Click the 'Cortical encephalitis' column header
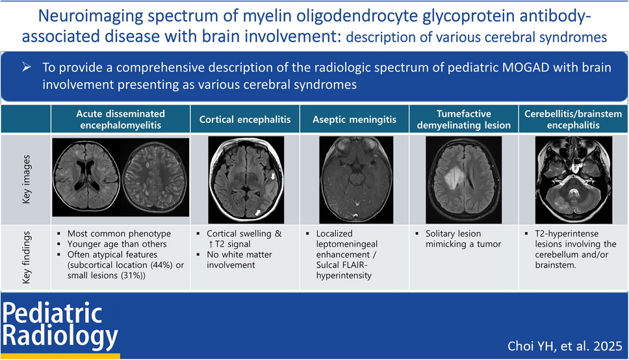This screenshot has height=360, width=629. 245,119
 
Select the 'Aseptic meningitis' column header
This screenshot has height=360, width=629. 355,119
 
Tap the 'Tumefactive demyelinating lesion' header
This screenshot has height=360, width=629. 464,119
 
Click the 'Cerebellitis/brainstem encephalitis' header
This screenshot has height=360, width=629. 573,119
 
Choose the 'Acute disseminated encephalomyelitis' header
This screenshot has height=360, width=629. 120,119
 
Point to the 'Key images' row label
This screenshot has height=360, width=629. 27,179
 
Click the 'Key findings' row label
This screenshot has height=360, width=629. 27,257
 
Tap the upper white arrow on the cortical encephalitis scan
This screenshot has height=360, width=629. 273,176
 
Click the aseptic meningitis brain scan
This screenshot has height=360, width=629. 356,179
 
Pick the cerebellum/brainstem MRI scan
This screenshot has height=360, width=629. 574,179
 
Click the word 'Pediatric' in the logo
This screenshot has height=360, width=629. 52,313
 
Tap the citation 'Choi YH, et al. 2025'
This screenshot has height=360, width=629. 565,346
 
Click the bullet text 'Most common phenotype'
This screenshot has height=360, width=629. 119,233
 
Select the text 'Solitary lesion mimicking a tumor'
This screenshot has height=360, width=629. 463,238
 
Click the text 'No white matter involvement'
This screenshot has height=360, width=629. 240,260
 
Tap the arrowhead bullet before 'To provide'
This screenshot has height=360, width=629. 27,67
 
